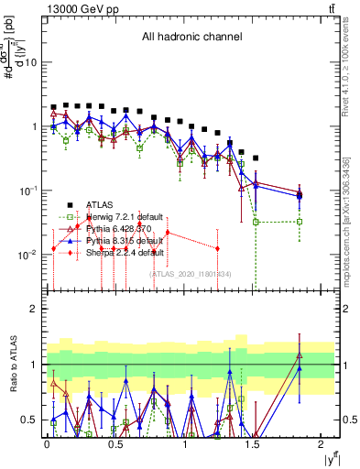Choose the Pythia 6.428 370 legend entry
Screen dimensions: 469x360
(119, 229)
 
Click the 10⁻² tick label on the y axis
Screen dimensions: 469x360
(27, 255)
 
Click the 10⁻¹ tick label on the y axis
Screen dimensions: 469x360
(27, 191)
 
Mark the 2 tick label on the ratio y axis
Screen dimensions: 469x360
(35, 310)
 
